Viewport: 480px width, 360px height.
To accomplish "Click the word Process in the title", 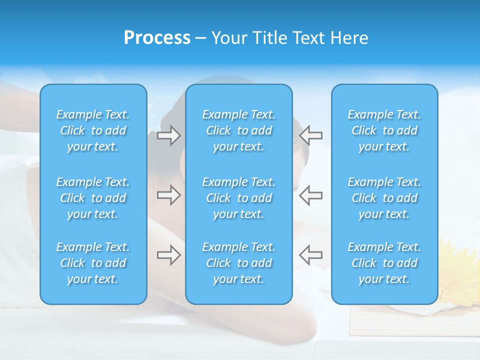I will pyautogui.click(x=157, y=38).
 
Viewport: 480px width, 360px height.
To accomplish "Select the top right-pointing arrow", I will pyautogui.click(x=168, y=135).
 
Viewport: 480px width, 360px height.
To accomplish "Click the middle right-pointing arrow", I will pyautogui.click(x=168, y=195).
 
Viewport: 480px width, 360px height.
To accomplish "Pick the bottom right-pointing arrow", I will pyautogui.click(x=168, y=255).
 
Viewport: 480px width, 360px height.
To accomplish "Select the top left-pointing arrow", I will pyautogui.click(x=310, y=135).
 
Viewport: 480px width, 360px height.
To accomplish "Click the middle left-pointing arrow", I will pyautogui.click(x=310, y=195).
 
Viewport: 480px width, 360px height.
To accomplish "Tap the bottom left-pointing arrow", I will pyautogui.click(x=310, y=255).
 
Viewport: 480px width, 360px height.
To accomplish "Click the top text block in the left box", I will pyautogui.click(x=93, y=130).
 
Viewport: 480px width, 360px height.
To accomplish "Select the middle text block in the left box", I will pyautogui.click(x=93, y=198).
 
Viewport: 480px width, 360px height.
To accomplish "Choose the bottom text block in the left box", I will pyautogui.click(x=93, y=263).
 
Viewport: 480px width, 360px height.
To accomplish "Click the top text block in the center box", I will pyautogui.click(x=238, y=130).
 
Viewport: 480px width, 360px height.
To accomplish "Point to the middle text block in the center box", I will pyautogui.click(x=238, y=198).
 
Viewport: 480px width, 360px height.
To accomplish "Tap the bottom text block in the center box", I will pyautogui.click(x=238, y=263).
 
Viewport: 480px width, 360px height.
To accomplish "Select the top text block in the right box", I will pyautogui.click(x=384, y=130).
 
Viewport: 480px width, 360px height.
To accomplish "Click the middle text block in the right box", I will pyautogui.click(x=384, y=198).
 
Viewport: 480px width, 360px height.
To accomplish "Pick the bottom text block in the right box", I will pyautogui.click(x=384, y=263).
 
